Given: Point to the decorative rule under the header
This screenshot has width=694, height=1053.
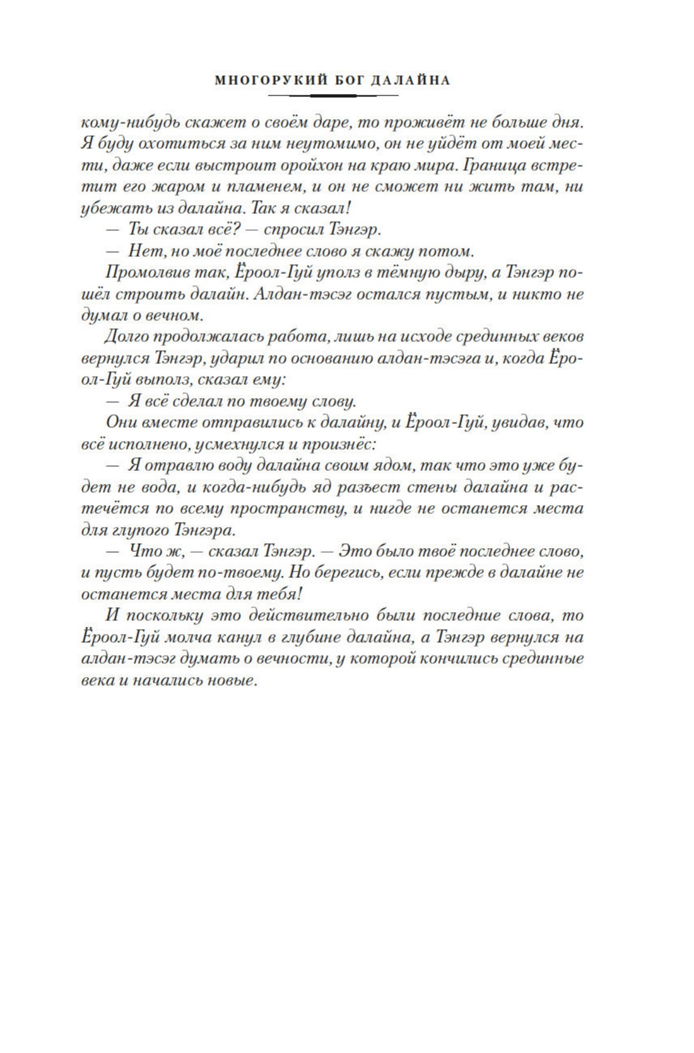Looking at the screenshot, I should [333, 95].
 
